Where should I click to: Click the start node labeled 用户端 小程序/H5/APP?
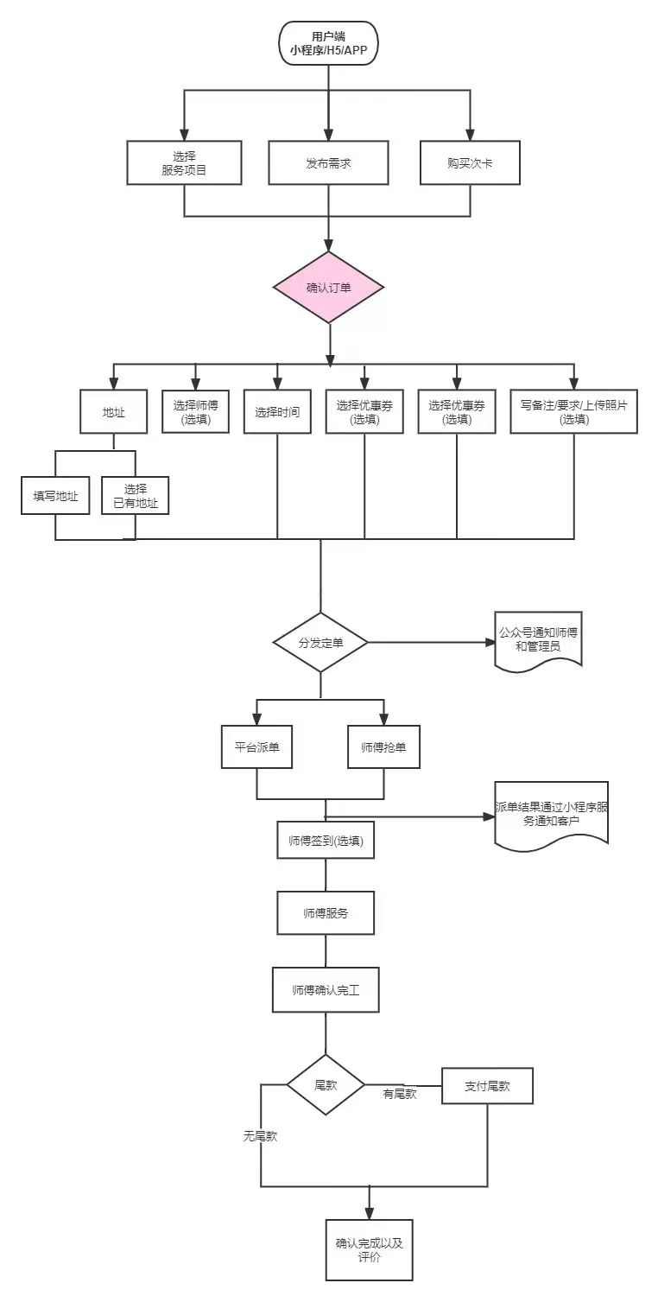coord(328,42)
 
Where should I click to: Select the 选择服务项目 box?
coord(184,162)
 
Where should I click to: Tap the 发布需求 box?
coord(328,162)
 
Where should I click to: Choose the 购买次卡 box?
coord(470,162)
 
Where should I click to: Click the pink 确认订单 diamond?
coord(328,288)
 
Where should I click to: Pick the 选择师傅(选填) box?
coord(195,411)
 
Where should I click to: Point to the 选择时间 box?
coord(277,411)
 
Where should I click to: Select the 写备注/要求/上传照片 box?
coord(573,411)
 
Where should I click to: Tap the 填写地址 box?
coord(55,495)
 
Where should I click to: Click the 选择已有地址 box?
coord(136,495)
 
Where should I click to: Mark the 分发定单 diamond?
coord(320,643)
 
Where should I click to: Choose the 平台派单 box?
coord(256,746)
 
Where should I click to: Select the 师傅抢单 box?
coord(383,746)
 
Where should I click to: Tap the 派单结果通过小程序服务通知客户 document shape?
coord(551,814)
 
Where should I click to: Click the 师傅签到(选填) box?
coord(325,840)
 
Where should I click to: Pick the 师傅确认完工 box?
coord(326,990)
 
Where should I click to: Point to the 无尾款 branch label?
coord(259,1136)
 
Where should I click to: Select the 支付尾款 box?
coord(487,1086)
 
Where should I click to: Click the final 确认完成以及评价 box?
coord(369,1250)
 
